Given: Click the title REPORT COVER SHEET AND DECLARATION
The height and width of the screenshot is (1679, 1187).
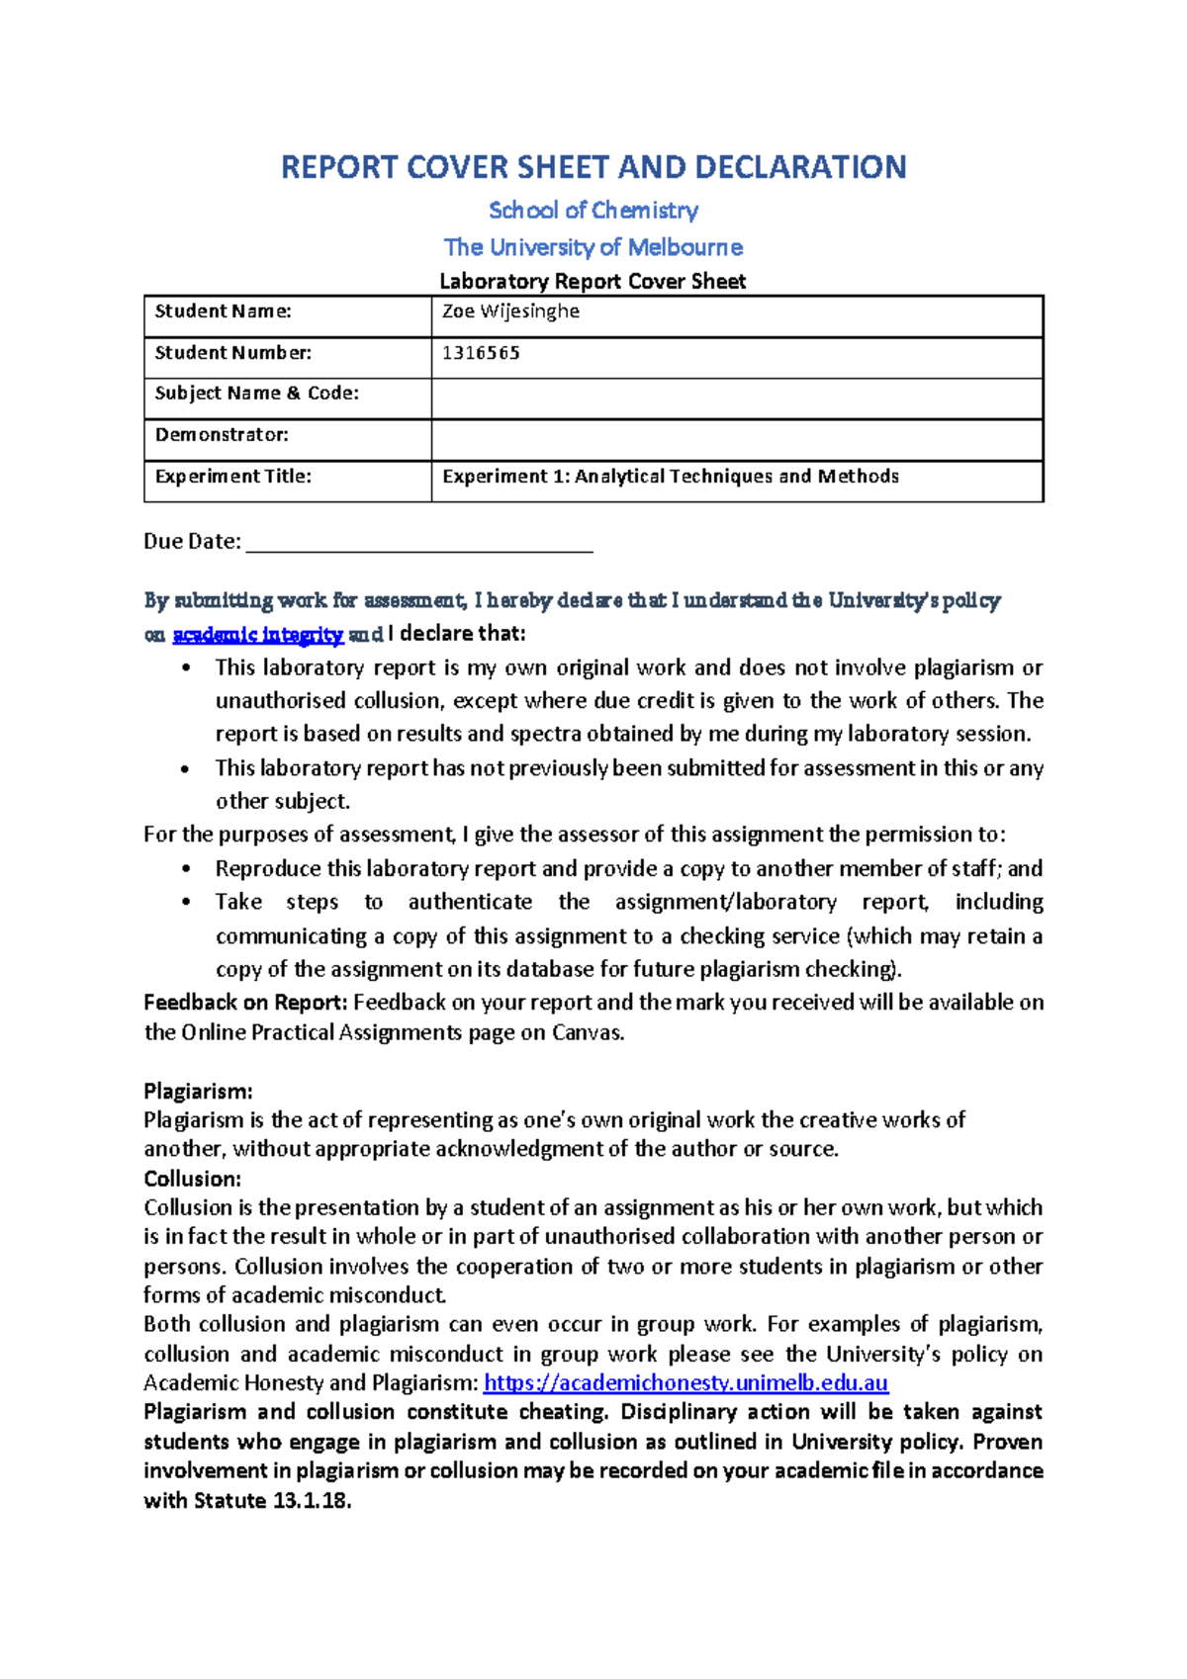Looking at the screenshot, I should click(x=593, y=167).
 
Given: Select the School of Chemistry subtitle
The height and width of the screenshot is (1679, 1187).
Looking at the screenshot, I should click(x=593, y=211).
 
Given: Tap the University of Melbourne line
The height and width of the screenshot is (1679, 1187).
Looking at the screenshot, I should click(x=593, y=247).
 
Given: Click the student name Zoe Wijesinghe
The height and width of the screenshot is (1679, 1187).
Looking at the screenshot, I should click(x=510, y=311).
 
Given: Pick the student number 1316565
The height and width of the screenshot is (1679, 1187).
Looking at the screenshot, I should click(x=481, y=353).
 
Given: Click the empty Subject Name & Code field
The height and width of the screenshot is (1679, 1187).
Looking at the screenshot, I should click(x=736, y=398).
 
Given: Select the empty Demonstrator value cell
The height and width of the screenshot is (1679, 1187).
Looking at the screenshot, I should click(x=736, y=439).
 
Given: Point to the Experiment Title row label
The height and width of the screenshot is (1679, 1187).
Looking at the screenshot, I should click(x=233, y=477).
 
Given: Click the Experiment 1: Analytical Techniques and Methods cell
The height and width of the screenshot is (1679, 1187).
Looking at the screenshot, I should click(x=671, y=477).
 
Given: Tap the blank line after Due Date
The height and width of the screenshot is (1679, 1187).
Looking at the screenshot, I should click(x=418, y=542).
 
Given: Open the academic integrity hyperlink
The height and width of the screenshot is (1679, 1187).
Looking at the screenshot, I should click(x=258, y=635).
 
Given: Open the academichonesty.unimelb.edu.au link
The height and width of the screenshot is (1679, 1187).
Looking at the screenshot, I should click(x=685, y=1382).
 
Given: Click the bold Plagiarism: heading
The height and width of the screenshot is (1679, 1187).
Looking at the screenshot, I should click(x=198, y=1092).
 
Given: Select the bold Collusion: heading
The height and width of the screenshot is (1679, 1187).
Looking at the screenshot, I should click(x=192, y=1179).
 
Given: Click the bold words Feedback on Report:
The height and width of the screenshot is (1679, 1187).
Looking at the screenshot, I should click(x=245, y=1003).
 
